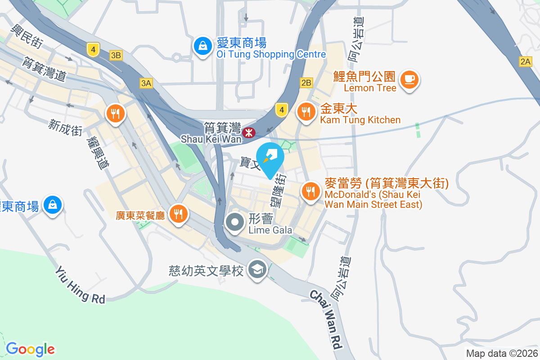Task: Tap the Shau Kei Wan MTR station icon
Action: pyautogui.click(x=248, y=133)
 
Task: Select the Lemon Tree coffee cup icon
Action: pyautogui.click(x=409, y=80)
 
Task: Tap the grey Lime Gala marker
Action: pyautogui.click(x=235, y=222)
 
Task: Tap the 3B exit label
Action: pyautogui.click(x=116, y=55)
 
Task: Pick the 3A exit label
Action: pyautogui.click(x=146, y=83)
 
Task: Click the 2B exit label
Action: pyautogui.click(x=306, y=83)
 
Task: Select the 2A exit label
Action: pyautogui.click(x=525, y=62)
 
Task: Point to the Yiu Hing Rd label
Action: pyautogui.click(x=80, y=284)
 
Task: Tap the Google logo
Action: pyautogui.click(x=30, y=349)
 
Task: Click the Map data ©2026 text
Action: pyautogui.click(x=501, y=353)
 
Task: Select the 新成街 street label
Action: pyautogui.click(x=66, y=128)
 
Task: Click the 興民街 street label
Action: pyautogui.click(x=28, y=37)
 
